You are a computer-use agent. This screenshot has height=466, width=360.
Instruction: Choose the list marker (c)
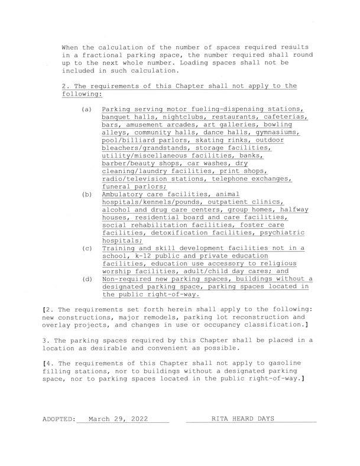tap(87, 249)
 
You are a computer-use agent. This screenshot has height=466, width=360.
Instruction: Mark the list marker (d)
tap(87, 279)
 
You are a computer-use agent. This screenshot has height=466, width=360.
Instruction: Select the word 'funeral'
tap(116, 185)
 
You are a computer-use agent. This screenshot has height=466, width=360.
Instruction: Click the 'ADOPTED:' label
tap(59, 419)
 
